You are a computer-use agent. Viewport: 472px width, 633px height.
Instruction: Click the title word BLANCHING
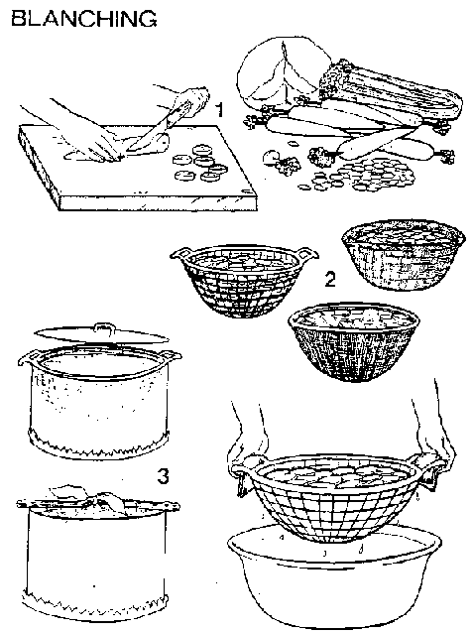point(84,19)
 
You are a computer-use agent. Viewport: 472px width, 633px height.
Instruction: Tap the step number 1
point(219,109)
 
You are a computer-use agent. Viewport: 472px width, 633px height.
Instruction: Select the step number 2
point(330,280)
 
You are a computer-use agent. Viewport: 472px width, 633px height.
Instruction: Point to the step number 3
point(163,476)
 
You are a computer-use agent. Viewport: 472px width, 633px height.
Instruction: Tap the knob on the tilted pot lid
point(101,326)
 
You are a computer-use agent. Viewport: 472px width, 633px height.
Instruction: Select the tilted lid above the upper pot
point(101,334)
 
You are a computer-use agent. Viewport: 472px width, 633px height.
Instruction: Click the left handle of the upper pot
point(28,359)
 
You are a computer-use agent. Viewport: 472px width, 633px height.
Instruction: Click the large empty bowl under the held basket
point(335,577)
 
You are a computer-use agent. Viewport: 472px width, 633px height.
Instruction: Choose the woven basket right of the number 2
point(402,254)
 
